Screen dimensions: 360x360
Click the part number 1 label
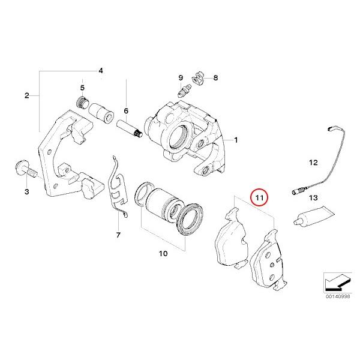pyautogui.click(x=236, y=140)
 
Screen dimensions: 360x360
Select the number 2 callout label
pyautogui.click(x=26, y=95)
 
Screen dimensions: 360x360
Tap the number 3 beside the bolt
pyautogui.click(x=26, y=191)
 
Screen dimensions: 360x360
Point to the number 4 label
pyautogui.click(x=101, y=71)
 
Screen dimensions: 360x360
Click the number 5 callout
pyautogui.click(x=83, y=87)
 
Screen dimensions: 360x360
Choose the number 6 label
pyautogui.click(x=126, y=111)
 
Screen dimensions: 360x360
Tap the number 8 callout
pyautogui.click(x=215, y=78)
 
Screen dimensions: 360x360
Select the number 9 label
pyautogui.click(x=180, y=78)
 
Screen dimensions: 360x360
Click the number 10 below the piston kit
pyautogui.click(x=163, y=254)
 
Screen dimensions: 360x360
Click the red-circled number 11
pyautogui.click(x=260, y=197)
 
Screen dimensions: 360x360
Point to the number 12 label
pyautogui.click(x=313, y=162)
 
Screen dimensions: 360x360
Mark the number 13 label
pyautogui.click(x=313, y=197)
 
